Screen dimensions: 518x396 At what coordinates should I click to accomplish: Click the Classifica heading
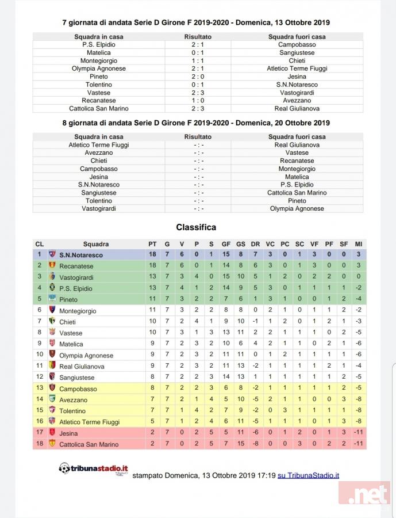pyautogui.click(x=196, y=227)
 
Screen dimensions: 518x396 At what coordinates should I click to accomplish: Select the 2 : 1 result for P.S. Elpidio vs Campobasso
pyautogui.click(x=198, y=44)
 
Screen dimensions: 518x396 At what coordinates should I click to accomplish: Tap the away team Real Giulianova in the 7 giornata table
pyautogui.click(x=297, y=109)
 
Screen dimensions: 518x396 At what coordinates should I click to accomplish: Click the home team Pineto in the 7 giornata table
pyautogui.click(x=99, y=77)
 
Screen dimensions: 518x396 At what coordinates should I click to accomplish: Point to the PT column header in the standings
pyautogui.click(x=152, y=244)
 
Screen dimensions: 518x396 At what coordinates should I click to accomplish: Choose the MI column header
pyautogui.click(x=358, y=244)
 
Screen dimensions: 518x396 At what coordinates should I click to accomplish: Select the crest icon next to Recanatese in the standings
pyautogui.click(x=52, y=266)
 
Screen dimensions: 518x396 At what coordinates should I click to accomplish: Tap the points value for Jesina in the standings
pyautogui.click(x=152, y=433)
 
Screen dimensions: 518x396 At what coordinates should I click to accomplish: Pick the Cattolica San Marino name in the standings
pyautogui.click(x=89, y=444)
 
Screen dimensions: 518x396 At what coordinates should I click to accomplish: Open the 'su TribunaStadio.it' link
pyautogui.click(x=308, y=475)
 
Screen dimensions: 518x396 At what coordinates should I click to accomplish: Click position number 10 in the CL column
pyautogui.click(x=40, y=355)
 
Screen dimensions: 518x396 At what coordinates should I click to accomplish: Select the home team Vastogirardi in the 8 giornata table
pyautogui.click(x=99, y=209)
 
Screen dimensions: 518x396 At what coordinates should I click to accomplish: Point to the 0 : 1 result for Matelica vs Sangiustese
pyautogui.click(x=198, y=52)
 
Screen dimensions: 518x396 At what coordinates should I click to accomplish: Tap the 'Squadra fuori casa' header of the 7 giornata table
pyautogui.click(x=297, y=36)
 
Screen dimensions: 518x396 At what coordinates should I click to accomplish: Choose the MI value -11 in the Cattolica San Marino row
pyautogui.click(x=358, y=444)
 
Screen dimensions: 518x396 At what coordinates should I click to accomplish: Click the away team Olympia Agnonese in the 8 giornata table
pyautogui.click(x=297, y=209)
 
